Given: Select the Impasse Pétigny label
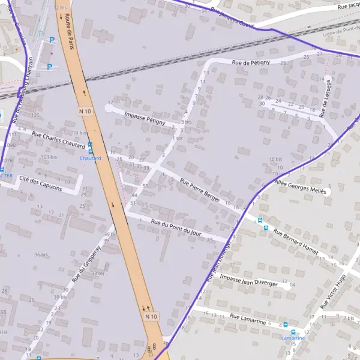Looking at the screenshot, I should [144, 118].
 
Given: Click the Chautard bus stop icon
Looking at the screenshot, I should [90, 145].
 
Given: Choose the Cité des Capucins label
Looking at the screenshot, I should [40, 183].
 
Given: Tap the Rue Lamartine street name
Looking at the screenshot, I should [248, 320].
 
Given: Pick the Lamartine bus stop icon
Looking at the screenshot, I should [293, 331].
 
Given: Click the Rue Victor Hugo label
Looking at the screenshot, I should [334, 291].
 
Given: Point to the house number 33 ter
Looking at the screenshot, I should [97, 274].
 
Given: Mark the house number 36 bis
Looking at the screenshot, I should [41, 255].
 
